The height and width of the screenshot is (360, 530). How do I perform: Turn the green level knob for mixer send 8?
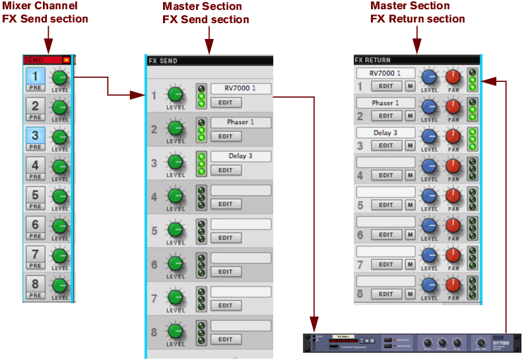[x=60, y=285]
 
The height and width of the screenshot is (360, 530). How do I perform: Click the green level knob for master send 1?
[x=176, y=94]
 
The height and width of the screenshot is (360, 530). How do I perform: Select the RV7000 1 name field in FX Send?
[x=240, y=89]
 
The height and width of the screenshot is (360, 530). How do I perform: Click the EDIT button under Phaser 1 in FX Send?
[x=226, y=136]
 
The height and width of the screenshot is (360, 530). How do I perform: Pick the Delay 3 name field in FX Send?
[x=240, y=157]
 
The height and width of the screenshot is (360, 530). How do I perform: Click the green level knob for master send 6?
[x=176, y=263]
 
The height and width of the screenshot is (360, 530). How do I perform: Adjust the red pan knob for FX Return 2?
[x=453, y=106]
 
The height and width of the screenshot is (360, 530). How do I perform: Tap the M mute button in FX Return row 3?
[x=411, y=145]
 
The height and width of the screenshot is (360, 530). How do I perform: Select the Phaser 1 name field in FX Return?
[x=385, y=103]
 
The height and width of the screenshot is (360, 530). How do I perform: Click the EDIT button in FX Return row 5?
[x=386, y=205]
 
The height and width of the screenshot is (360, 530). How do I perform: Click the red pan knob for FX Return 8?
[x=453, y=285]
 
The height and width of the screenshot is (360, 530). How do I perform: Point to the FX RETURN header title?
[x=373, y=60]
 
